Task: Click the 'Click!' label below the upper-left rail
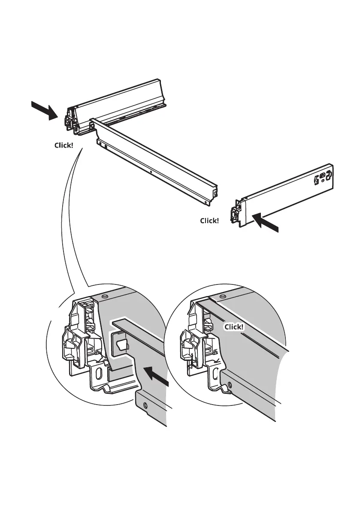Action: click(64, 145)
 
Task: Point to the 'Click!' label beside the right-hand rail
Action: click(209, 221)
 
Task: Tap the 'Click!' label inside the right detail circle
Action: click(234, 327)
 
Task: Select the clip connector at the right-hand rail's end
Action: click(236, 212)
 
